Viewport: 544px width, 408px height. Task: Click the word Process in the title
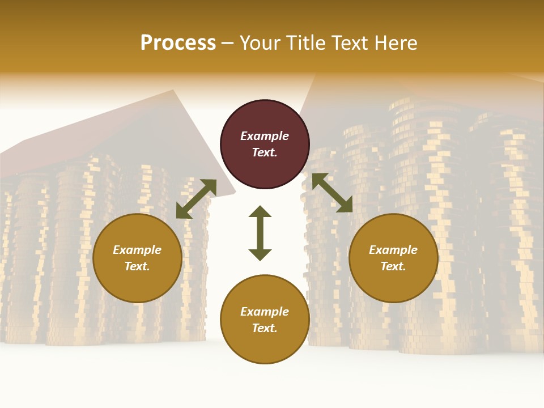[x=178, y=43]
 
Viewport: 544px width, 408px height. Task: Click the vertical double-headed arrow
[x=260, y=233]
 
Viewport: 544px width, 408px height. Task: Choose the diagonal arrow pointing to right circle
[x=332, y=193]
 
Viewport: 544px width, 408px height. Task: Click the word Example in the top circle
[x=265, y=136]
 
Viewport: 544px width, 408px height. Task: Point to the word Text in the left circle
[x=137, y=266]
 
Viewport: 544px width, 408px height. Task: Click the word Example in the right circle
[x=393, y=250]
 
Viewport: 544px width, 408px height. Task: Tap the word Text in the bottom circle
[x=265, y=328]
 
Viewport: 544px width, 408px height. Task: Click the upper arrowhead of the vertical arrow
[x=260, y=212]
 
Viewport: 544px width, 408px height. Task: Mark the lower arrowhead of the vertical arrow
[x=260, y=254]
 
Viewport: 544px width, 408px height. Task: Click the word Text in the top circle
[x=265, y=152]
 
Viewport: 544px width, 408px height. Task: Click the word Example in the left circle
[x=137, y=250]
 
